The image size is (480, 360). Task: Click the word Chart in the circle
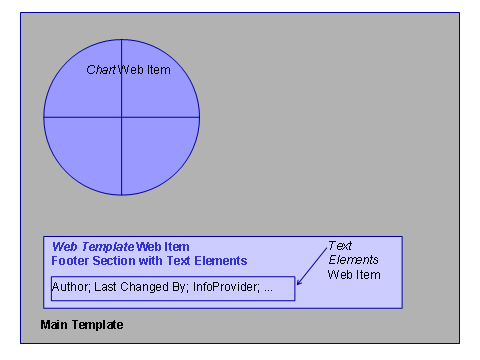click(101, 70)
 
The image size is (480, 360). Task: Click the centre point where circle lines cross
click(121, 117)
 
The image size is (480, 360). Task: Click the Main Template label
click(81, 325)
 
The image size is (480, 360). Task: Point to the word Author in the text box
click(69, 288)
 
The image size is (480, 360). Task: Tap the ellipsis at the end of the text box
click(268, 288)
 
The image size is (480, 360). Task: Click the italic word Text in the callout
click(339, 245)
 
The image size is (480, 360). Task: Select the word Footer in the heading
click(70, 260)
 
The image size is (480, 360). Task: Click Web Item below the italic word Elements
click(354, 273)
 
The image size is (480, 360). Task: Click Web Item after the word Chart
click(144, 70)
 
